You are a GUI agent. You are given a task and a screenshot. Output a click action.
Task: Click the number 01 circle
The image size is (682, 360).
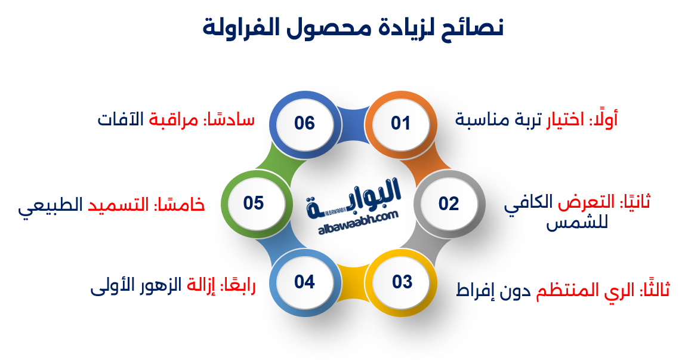tap(401, 124)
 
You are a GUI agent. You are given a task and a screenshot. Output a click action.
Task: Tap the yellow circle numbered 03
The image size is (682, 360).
tap(402, 281)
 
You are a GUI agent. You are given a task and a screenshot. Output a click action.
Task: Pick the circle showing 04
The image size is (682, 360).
tap(304, 281)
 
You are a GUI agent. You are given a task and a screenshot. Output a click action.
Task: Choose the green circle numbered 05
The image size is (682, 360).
tap(254, 203)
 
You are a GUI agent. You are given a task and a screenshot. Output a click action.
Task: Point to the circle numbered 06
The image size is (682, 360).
tap(304, 124)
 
